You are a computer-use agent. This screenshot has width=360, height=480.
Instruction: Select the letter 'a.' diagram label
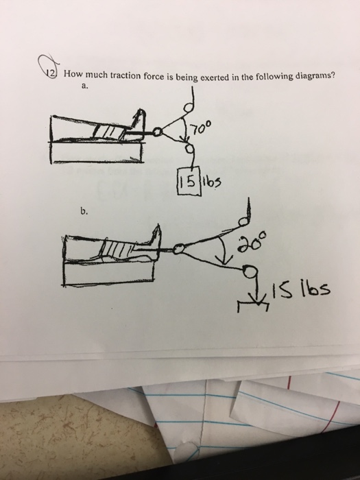(x=84, y=87)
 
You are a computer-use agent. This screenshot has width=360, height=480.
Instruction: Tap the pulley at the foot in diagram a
(x=159, y=130)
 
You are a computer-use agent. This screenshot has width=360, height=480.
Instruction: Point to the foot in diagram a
(x=142, y=122)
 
